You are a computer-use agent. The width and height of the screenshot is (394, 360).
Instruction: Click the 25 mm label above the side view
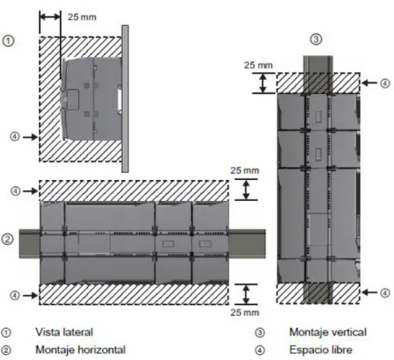pos(82,17)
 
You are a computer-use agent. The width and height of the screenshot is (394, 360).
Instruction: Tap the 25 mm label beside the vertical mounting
pos(258,65)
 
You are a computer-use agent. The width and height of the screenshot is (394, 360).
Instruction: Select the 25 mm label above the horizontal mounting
pos(244,170)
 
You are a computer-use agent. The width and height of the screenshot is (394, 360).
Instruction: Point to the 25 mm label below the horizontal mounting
pos(244,312)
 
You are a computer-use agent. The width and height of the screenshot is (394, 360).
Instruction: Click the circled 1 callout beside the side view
pos(8,41)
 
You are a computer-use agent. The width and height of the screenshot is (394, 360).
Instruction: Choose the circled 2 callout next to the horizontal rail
pos(7,239)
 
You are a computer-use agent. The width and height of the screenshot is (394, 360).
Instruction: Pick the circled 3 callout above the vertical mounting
pos(316,39)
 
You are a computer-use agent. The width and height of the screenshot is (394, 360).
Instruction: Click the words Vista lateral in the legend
pos(64,332)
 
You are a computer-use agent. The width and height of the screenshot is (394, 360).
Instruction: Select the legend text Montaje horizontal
pos(81,350)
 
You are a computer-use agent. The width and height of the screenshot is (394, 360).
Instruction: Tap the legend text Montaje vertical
pos(328,332)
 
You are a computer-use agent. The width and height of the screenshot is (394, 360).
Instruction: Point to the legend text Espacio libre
pos(321,350)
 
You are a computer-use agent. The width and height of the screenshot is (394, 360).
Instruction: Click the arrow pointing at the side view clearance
pos(30,137)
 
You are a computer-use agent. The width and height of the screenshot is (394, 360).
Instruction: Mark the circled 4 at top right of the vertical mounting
pos(384,83)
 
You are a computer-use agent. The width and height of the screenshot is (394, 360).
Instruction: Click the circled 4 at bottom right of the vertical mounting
pos(384,293)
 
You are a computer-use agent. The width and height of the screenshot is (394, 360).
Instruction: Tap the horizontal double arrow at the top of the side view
pos(50,17)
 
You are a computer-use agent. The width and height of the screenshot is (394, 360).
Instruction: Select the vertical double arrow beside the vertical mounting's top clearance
pos(263,83)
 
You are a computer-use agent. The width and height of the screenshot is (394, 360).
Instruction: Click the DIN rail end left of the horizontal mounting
pos(30,243)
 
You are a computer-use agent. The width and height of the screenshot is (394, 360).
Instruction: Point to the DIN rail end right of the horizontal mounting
pos(247,243)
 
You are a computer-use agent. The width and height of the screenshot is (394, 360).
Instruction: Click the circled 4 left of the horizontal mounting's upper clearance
pos(16,191)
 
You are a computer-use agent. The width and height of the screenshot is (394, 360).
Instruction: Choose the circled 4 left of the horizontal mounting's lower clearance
pos(15,296)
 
